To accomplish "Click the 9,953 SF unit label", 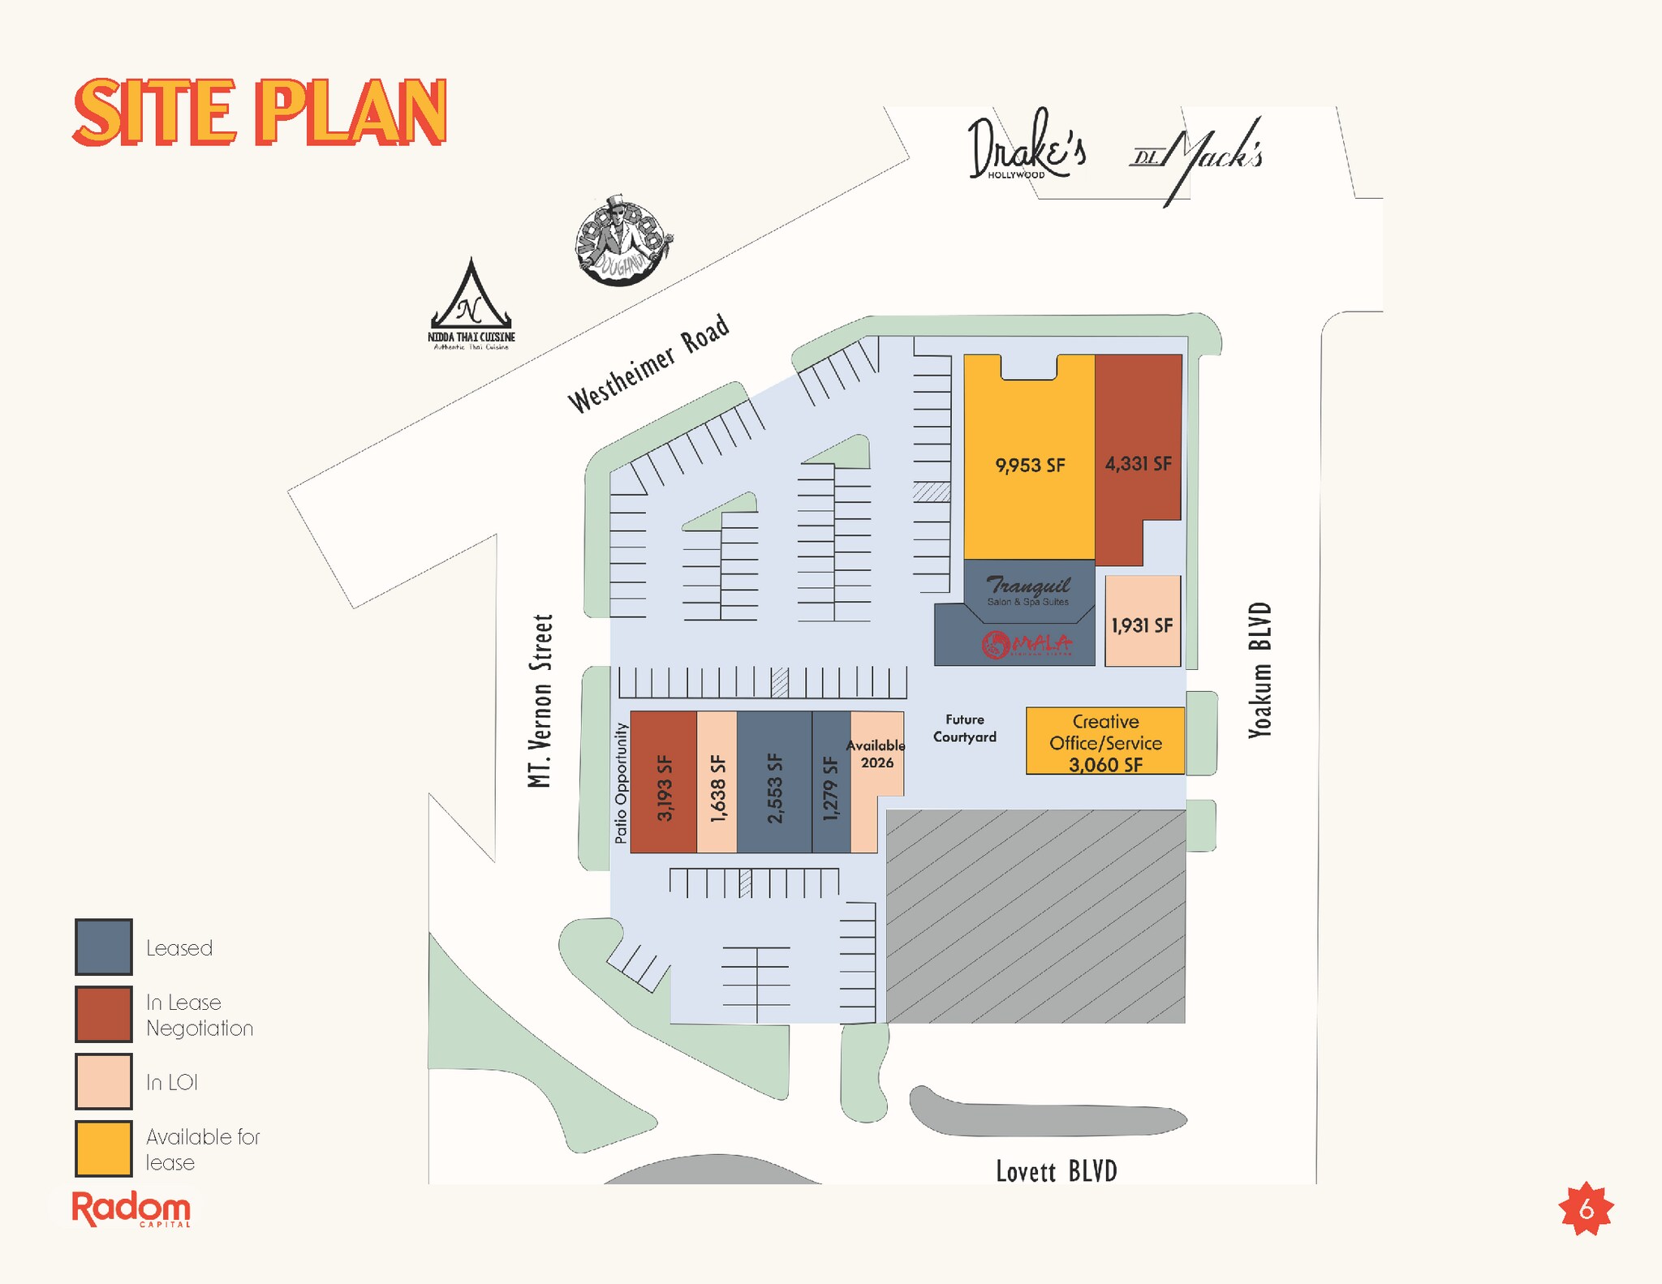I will point(1030,466).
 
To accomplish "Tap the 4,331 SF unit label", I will point(1138,464).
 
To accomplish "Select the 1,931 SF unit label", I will point(1142,625).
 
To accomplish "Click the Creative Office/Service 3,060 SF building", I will point(1105,742).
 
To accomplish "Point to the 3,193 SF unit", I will point(664,788).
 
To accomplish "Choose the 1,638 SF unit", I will point(717,788).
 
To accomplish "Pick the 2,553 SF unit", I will point(774,788).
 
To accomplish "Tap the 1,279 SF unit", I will point(830,788).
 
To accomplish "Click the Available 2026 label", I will point(876,754).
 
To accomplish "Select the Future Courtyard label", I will point(964,728).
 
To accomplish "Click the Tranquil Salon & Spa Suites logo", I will point(1028,590).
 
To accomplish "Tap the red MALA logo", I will point(1027,645).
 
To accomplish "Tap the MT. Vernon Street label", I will point(540,701).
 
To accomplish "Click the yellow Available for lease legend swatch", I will point(104,1149).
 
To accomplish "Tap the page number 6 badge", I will point(1587,1209).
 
